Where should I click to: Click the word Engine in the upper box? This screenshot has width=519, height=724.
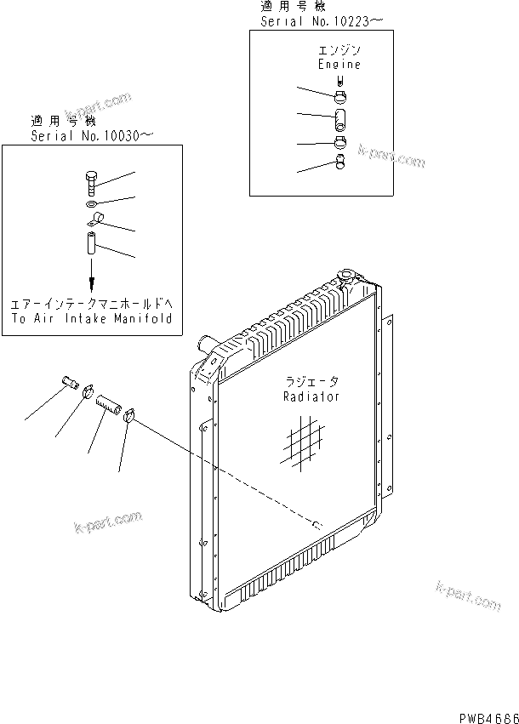point(339,64)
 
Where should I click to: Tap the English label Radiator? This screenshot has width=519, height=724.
point(311,396)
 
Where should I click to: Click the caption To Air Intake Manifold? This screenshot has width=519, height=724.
point(92,318)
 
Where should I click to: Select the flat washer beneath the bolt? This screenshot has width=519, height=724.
point(92,205)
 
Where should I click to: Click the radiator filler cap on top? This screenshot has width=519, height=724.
point(350,276)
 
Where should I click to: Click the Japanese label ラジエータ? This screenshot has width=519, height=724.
point(311,382)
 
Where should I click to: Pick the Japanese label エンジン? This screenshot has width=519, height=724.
point(339,51)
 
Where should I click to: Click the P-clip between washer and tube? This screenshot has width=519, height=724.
point(95,224)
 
